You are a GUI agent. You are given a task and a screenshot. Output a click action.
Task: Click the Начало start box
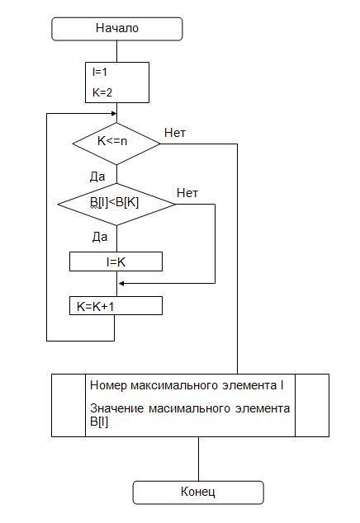coord(117,29)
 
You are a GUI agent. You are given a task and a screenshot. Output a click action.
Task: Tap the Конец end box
coord(198,492)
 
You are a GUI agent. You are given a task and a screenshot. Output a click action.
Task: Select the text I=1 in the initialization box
coord(100,72)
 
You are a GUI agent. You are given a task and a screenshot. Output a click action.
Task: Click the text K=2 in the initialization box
coord(102,92)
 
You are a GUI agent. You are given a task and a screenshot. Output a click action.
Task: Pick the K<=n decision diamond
coord(116,144)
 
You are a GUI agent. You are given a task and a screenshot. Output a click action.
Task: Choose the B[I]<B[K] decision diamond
coord(116,204)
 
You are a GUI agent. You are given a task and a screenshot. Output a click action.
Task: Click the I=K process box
coord(116,261)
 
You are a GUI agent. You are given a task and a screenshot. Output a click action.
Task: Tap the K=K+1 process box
coord(116,306)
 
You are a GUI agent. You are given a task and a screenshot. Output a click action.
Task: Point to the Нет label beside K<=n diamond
coord(175,133)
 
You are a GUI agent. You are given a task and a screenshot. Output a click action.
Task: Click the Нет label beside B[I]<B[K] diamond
coord(187,193)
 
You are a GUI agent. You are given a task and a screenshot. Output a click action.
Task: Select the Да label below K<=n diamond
coord(97,177)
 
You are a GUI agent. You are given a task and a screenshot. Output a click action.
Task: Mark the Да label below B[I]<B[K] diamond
coord(100,237)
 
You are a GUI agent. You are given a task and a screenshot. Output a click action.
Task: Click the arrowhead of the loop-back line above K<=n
coord(114,114)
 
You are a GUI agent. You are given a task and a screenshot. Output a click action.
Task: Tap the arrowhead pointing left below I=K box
coord(122,284)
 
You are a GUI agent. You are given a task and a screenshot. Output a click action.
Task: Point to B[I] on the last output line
coord(99,422)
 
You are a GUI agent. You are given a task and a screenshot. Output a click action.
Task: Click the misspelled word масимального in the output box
coord(189,408)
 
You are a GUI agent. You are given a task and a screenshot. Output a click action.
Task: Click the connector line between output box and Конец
coord(198,459)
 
